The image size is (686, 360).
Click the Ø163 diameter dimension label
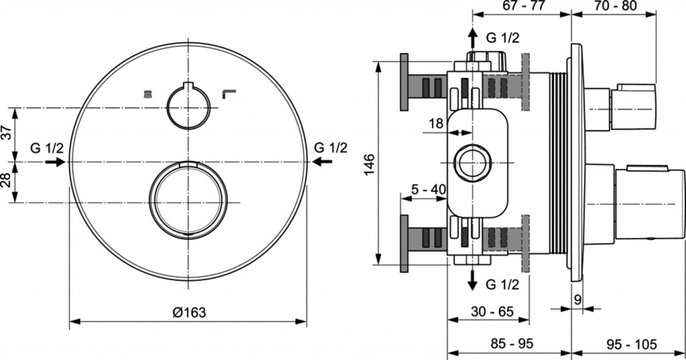(x=188, y=312)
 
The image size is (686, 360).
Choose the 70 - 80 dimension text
(x=614, y=6)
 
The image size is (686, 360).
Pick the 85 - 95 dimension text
(x=511, y=343)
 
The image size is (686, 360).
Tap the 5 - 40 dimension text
(x=428, y=190)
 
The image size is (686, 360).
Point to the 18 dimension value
(x=435, y=123)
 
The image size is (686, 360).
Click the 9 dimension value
(x=577, y=300)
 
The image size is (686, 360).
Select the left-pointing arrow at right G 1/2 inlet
(x=322, y=162)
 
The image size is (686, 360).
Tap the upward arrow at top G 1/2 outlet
(x=472, y=37)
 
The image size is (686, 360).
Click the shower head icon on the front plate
(x=147, y=95)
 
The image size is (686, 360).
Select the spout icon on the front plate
(x=227, y=95)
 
